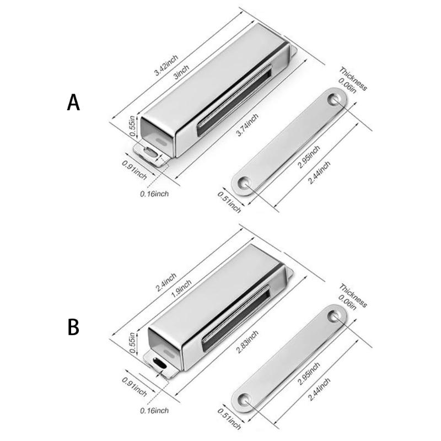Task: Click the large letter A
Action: point(73,103)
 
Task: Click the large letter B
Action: point(73,326)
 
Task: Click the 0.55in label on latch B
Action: point(133,338)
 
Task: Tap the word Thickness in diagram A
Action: point(353,78)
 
